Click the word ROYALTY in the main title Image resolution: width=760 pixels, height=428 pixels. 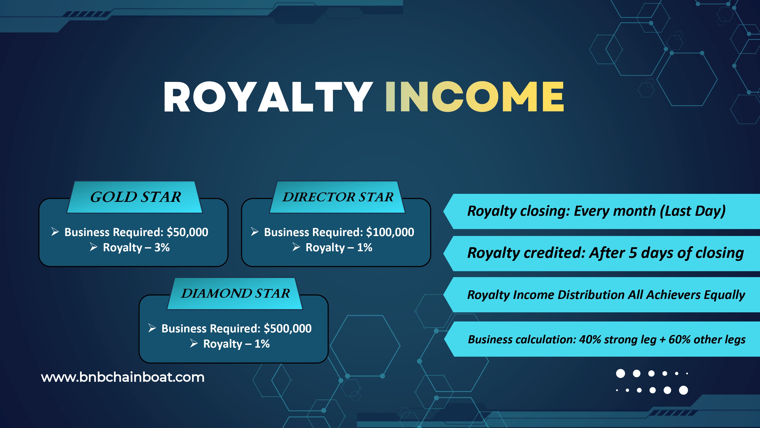click(268, 97)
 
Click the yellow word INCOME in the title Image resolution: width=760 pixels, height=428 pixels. click(475, 97)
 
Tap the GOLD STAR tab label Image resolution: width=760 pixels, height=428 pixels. click(136, 197)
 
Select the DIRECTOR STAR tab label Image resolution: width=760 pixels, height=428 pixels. click(338, 197)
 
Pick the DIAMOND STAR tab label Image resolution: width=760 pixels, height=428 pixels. click(235, 293)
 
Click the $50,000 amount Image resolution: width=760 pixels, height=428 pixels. click(187, 232)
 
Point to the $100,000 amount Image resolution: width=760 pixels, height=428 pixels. click(390, 232)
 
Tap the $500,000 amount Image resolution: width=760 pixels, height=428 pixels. click(288, 328)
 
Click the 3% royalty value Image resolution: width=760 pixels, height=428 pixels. click(162, 247)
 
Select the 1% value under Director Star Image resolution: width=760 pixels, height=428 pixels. click(365, 247)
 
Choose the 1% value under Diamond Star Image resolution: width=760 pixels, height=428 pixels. click(262, 344)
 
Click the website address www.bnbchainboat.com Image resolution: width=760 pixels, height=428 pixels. click(123, 377)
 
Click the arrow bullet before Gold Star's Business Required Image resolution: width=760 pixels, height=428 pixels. click(55, 231)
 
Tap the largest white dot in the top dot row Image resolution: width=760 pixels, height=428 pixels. click(620, 373)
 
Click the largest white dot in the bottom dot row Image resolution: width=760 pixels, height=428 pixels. click(683, 390)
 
